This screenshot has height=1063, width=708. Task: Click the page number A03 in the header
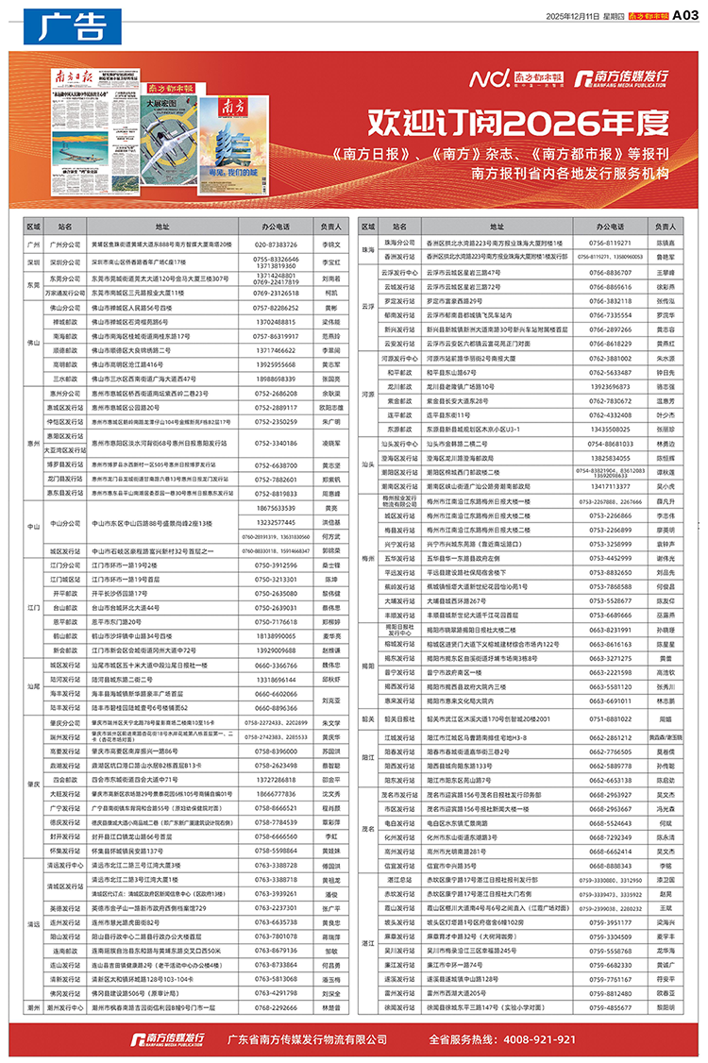tap(684, 15)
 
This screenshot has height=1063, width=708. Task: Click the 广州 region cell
tap(34, 244)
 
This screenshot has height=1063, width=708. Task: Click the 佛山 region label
tap(34, 344)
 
